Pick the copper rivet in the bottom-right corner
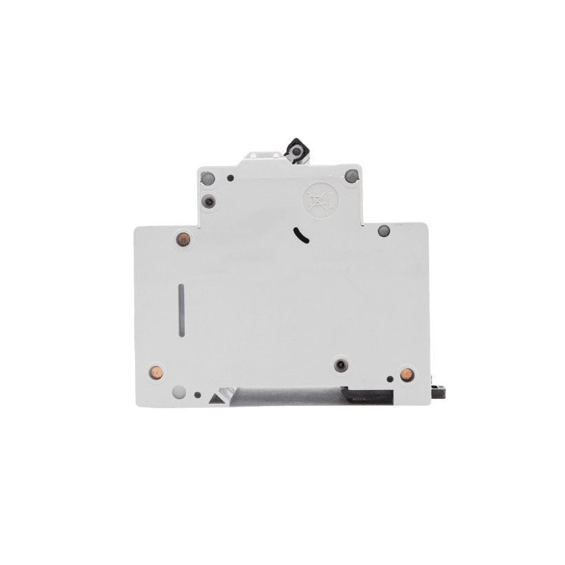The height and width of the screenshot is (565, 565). (406, 374)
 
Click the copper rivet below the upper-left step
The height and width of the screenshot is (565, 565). (183, 239)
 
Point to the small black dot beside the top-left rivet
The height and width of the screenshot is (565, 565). (230, 178)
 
